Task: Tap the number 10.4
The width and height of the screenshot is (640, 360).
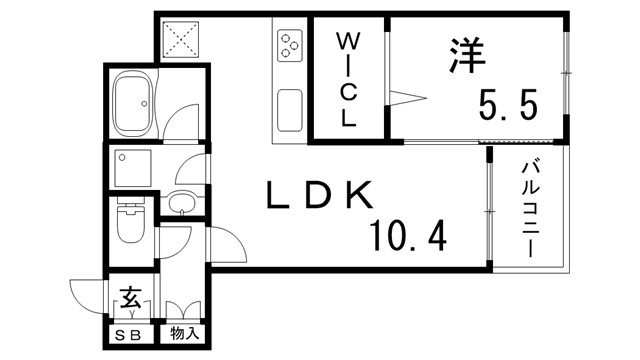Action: click(x=407, y=236)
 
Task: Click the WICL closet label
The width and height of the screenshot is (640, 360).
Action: click(x=347, y=80)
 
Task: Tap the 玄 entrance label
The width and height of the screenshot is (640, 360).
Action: click(x=130, y=297)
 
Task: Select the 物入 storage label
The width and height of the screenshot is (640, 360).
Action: click(x=184, y=333)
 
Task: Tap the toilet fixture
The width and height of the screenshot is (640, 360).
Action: click(x=131, y=224)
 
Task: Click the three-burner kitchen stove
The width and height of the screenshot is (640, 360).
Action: click(x=288, y=45)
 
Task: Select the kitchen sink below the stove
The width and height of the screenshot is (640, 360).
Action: click(x=288, y=108)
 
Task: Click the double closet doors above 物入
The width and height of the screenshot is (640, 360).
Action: click(x=182, y=309)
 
